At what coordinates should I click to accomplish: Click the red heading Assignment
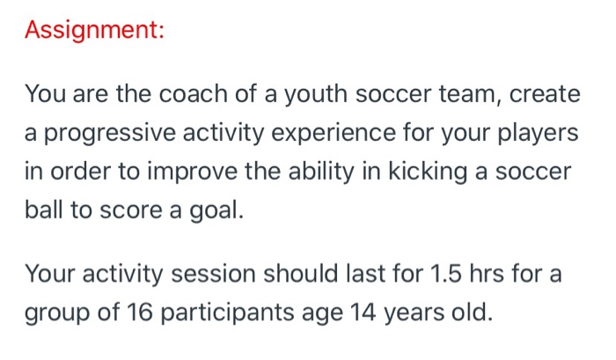(94, 30)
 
